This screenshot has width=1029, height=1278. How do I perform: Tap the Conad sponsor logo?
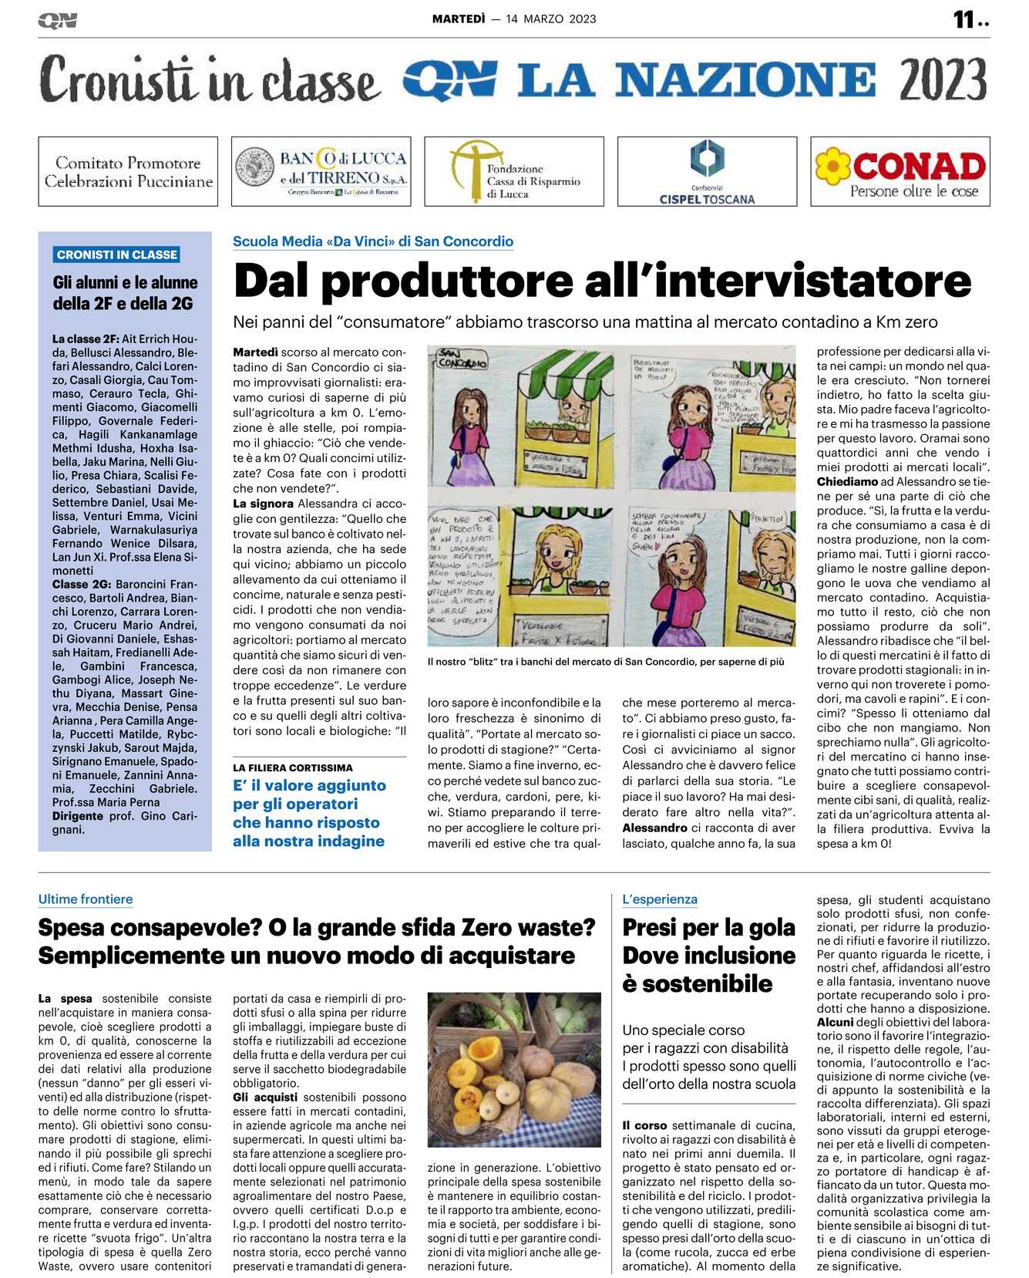pos(900,171)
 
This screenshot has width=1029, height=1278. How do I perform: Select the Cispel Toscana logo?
pos(707,171)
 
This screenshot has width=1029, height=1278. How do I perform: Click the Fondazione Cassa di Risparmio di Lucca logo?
pos(514,171)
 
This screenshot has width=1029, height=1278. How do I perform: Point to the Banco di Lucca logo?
pos(321,171)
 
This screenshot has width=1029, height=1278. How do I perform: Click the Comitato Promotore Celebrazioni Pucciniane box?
pos(128,171)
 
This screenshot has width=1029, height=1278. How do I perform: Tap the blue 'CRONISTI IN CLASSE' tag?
pos(117,255)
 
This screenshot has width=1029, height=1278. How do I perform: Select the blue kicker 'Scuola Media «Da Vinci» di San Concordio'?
pos(373,241)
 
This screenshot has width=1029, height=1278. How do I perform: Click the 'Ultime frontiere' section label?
pos(86,899)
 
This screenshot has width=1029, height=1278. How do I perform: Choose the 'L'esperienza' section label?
pos(660,899)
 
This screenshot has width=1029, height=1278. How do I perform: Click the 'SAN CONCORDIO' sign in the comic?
pos(461,360)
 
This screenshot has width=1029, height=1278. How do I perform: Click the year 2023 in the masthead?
pos(942,80)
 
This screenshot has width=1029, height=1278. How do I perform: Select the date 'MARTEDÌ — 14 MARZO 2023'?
pos(514,19)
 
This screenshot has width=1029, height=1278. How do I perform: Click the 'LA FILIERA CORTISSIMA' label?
pos(293,768)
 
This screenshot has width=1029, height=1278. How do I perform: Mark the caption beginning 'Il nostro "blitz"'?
pos(606,662)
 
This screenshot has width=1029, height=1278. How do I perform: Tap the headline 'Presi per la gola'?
pos(708,927)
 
